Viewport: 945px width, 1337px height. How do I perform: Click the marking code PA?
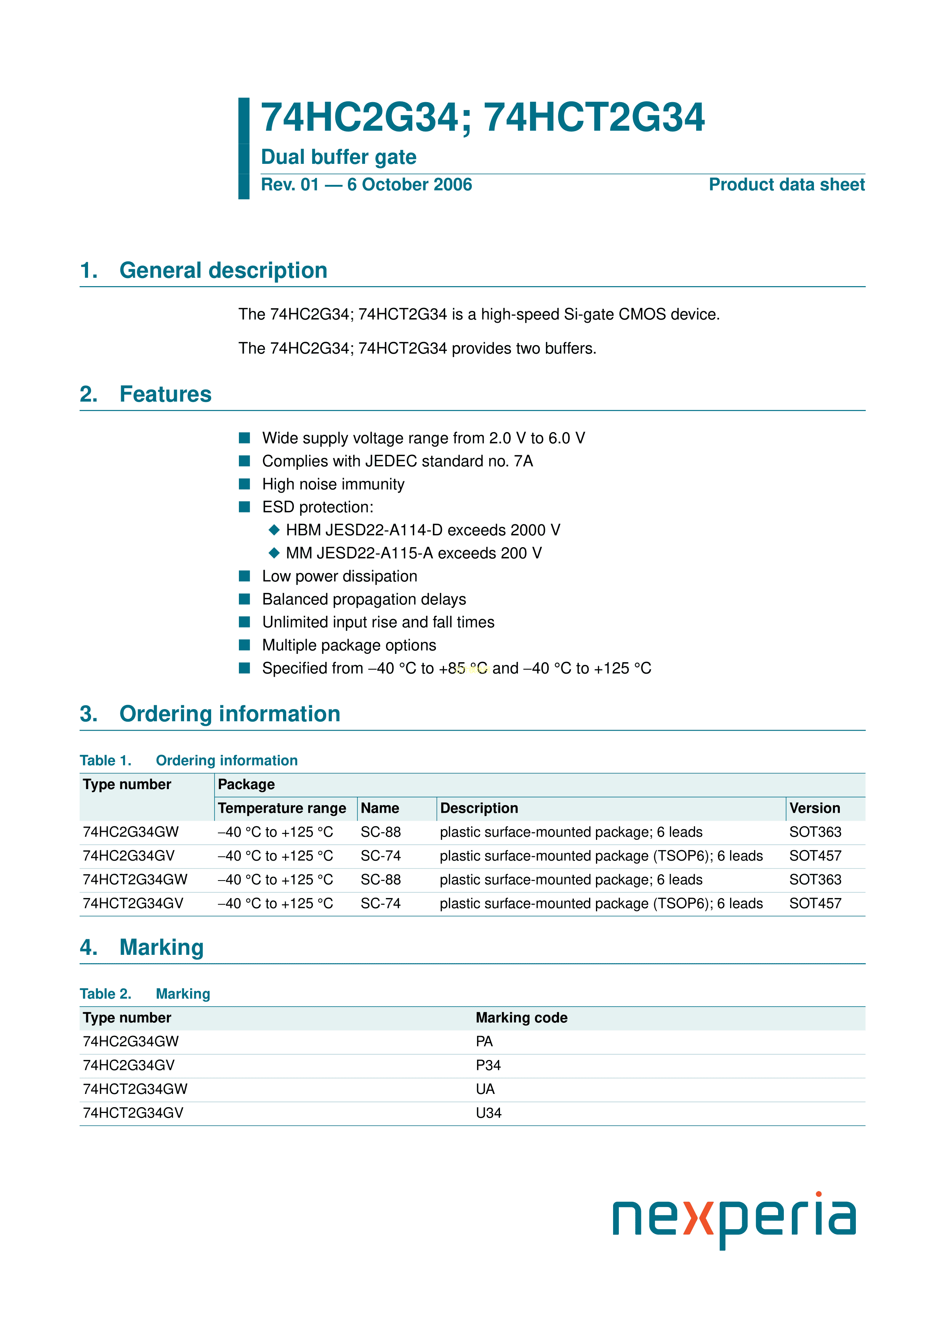pos(484,1041)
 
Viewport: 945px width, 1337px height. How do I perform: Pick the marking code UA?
pos(485,1089)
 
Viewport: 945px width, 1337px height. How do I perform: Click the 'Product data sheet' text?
pos(786,184)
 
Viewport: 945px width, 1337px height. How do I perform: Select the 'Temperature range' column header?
pos(282,808)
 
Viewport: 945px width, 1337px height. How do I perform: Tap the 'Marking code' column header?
pos(521,1017)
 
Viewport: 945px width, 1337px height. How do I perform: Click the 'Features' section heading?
pos(165,394)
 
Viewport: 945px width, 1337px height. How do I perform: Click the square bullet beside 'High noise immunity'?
pos(245,484)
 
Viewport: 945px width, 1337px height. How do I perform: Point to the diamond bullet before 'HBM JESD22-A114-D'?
pos(274,530)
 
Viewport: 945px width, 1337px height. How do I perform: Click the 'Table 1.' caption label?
pos(106,761)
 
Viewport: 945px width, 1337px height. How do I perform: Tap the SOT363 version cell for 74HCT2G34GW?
pos(815,879)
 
